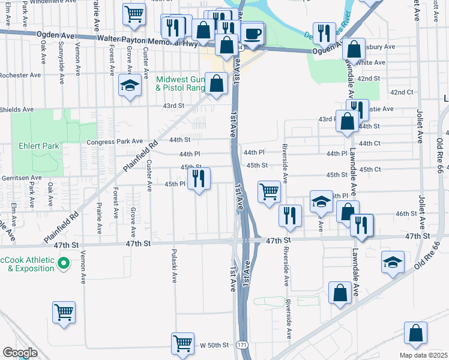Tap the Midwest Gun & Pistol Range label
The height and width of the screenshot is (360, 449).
[180, 83]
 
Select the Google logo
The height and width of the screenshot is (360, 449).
[20, 352]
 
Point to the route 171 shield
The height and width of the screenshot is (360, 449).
[241, 346]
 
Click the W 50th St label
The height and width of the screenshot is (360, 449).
[215, 346]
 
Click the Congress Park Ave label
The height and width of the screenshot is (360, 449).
[115, 142]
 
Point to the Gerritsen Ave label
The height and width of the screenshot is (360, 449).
[20, 178]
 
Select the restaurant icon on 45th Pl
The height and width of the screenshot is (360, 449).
[198, 178]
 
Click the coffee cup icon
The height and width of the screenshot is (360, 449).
[253, 34]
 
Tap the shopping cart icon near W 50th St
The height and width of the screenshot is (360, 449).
[182, 344]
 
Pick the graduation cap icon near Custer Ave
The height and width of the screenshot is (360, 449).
[129, 85]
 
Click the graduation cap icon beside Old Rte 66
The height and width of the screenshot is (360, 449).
[393, 263]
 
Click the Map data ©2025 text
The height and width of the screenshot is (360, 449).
[424, 355]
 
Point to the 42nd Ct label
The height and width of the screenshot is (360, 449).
[402, 92]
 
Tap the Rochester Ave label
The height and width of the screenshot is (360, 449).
[20, 76]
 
